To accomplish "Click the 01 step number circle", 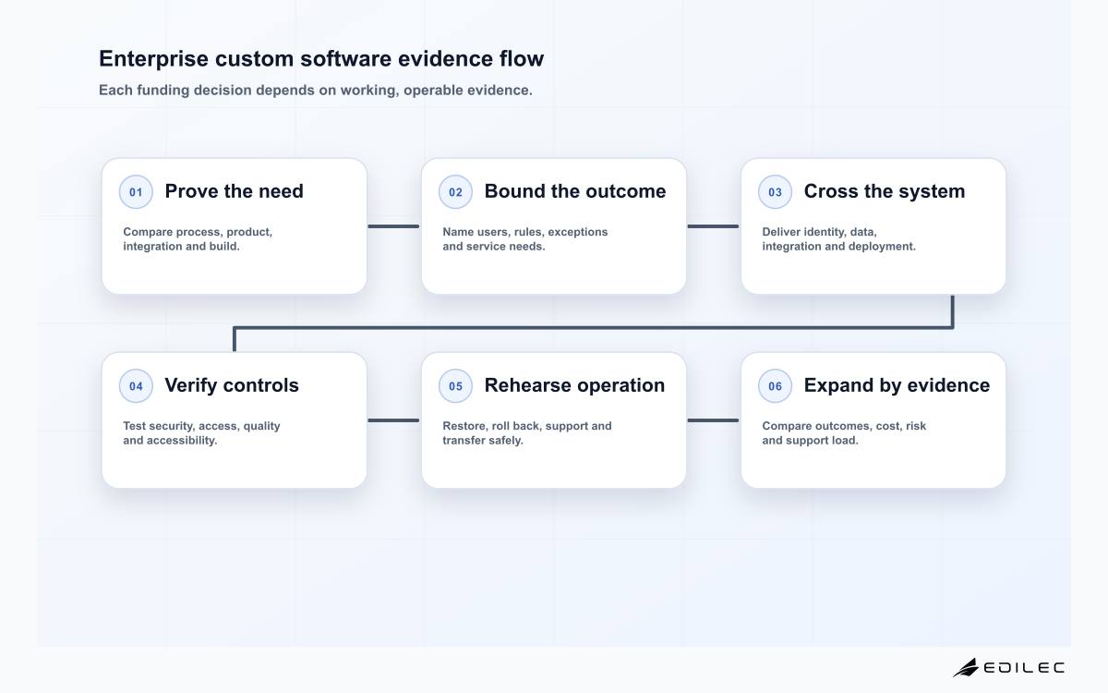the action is (136, 191).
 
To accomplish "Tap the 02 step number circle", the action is (455, 191).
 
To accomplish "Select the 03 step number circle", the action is (775, 191).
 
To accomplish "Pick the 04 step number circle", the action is (136, 385).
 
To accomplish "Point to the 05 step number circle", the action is (455, 385).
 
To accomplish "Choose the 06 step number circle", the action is (775, 385).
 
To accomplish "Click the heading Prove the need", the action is (234, 191).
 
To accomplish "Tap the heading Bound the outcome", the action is (575, 191).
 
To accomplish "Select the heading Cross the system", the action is (885, 191).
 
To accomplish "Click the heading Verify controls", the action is (232, 385).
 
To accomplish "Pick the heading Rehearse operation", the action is (574, 385).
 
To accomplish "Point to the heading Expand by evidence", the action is (897, 385).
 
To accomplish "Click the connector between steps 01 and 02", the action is (393, 226).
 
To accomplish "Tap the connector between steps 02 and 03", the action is (713, 226).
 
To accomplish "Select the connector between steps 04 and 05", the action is (393, 420).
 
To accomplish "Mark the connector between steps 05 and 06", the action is (713, 420).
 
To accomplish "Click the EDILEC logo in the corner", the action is (1008, 667).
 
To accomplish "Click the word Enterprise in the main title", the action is (154, 59).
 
